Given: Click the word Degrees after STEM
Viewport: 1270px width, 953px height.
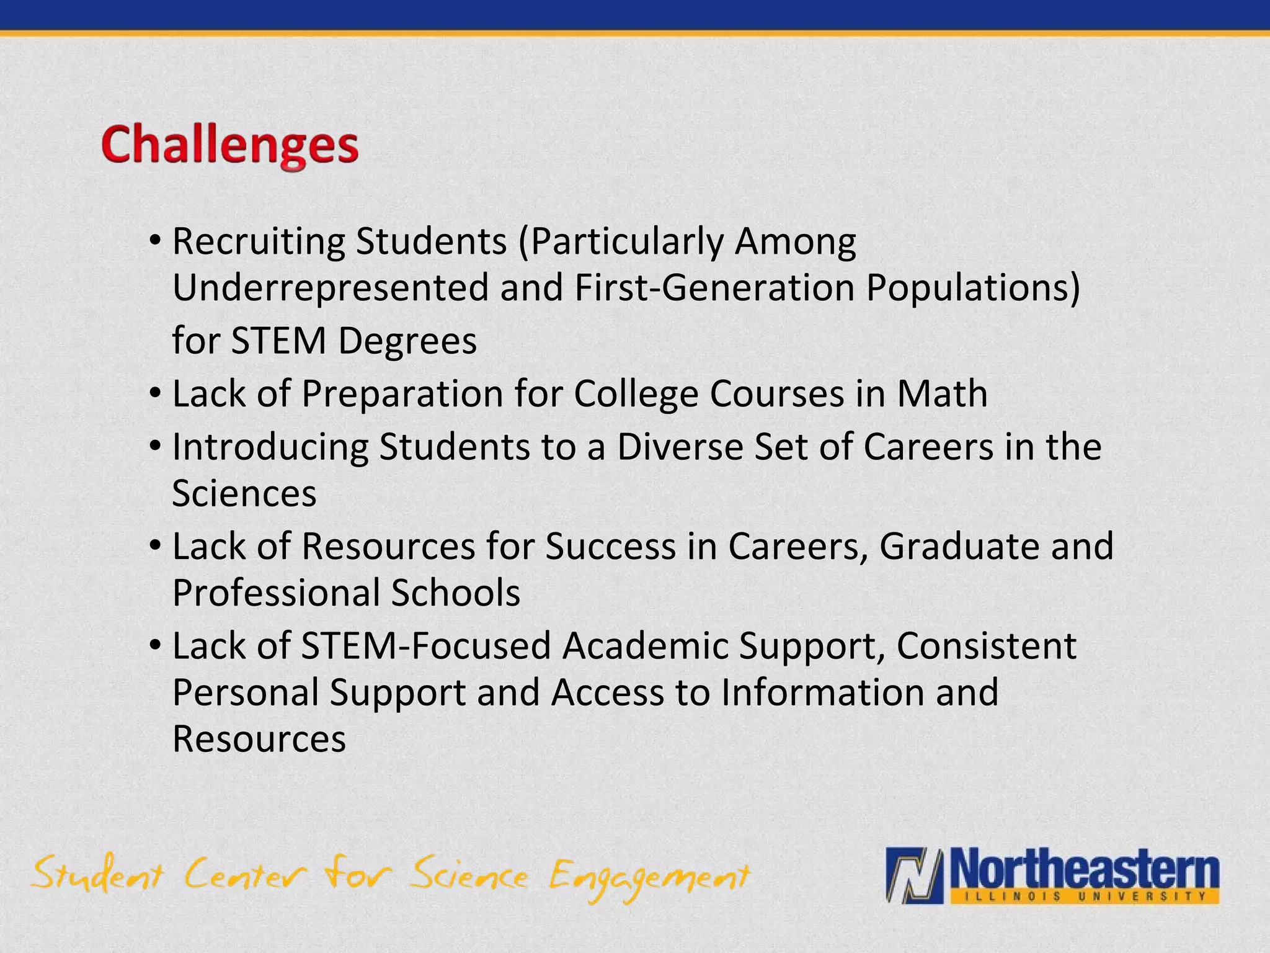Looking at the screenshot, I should pos(407,341).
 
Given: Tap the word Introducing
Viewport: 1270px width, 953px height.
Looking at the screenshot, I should pos(270,447).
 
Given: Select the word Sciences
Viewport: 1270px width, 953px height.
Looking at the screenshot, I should pos(244,493).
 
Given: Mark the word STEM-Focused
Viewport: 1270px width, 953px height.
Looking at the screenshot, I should pos(426,646).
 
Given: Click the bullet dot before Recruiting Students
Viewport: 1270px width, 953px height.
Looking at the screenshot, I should pos(156,240).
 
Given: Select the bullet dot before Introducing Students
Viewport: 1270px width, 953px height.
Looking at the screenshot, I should pos(156,445).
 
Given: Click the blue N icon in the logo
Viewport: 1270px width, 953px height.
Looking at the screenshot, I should pos(914,874).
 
